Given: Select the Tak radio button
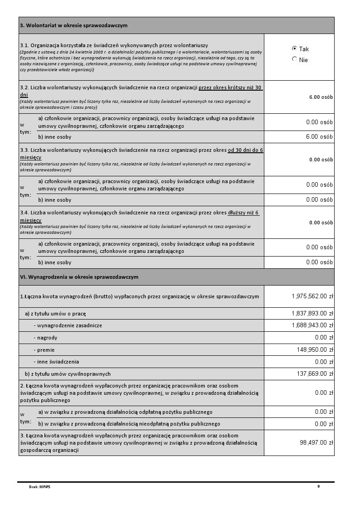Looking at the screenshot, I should pos(295,48).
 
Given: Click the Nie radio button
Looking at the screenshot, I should pos(295,59).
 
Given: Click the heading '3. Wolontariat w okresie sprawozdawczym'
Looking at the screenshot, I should pos(73,25).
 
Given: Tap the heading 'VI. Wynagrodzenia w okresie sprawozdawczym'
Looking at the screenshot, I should pos(79,276).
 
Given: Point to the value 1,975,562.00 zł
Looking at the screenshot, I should pos(312,296).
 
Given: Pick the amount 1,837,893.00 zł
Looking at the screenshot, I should pos(312,313).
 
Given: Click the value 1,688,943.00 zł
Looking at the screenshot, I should pos(312,325).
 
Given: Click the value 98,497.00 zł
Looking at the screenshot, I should pos(316,442).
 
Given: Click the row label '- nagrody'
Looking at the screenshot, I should pos(45,338).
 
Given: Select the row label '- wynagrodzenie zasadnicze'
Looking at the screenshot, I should pos(68,325).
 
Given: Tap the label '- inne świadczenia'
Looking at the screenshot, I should pos(56,362).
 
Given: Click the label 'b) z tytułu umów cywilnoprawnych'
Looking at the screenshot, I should pos(68,374).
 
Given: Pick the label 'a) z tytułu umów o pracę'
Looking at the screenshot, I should pos(55,313).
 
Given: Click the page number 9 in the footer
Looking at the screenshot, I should pos(318,486).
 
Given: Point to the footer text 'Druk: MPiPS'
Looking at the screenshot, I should pos(37,487).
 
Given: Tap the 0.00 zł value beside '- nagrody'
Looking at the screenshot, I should pos(324,338).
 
